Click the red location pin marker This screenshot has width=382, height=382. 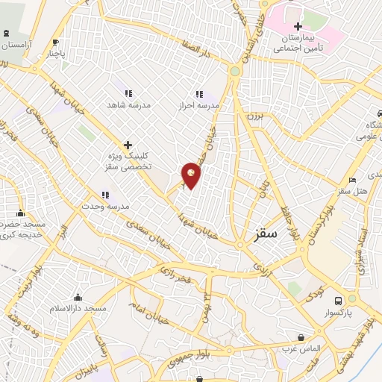pyautogui.click(x=191, y=175)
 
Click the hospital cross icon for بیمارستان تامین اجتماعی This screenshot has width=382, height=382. pyautogui.click(x=298, y=27)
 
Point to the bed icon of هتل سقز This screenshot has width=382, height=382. pyautogui.click(x=352, y=180)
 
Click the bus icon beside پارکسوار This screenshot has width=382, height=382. pyautogui.click(x=338, y=301)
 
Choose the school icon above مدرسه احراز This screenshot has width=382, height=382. pyautogui.click(x=199, y=94)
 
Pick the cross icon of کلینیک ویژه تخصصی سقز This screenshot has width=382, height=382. pyautogui.click(x=128, y=145)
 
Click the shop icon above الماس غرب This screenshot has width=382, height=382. pyautogui.click(x=300, y=337)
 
